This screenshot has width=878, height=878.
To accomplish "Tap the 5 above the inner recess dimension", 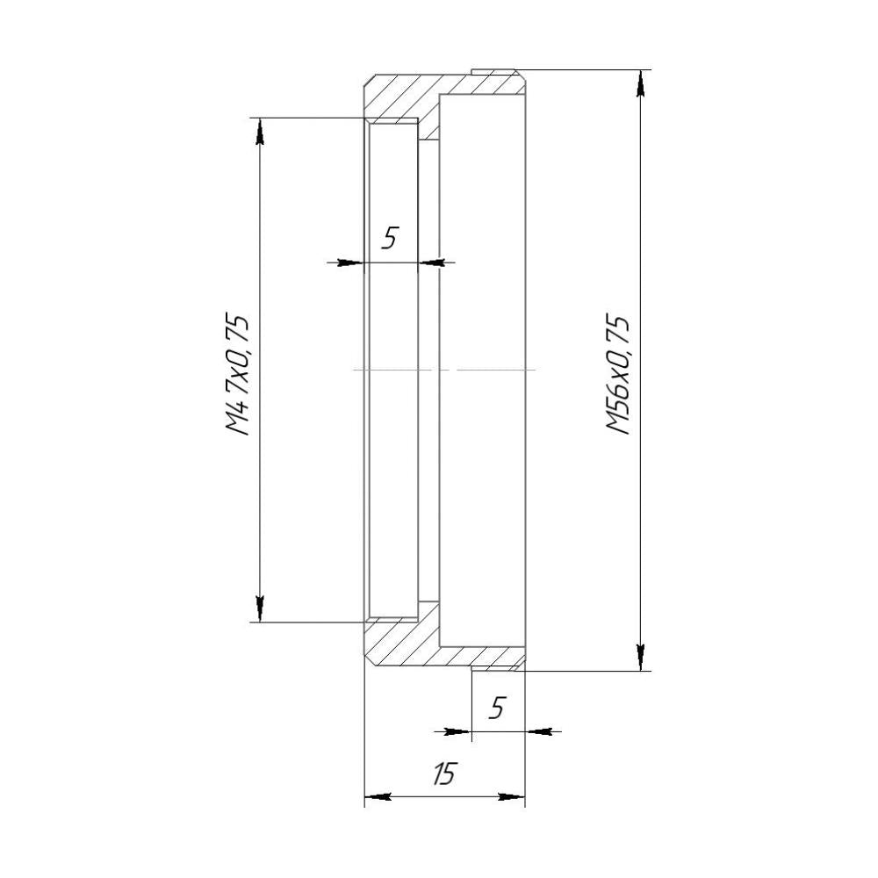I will pos(391,237).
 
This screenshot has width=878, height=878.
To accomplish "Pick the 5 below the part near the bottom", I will pos(497,708).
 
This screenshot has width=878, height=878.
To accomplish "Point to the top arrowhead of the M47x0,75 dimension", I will pos(260,132).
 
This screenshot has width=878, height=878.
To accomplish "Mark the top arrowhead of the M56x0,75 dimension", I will pos(642,84).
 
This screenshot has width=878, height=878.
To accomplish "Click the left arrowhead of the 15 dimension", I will pos(378,797).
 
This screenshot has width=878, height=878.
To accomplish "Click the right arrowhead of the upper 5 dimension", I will pos(432,262).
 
